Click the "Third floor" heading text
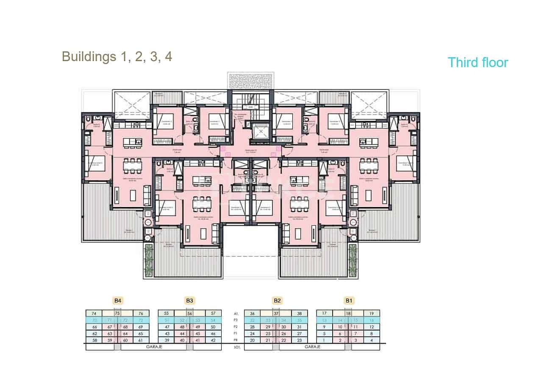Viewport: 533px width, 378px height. (x=477, y=62)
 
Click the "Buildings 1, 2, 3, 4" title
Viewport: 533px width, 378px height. (x=117, y=56)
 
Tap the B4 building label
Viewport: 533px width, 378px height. (x=118, y=301)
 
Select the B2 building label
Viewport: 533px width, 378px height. (x=277, y=301)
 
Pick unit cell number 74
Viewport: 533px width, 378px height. (x=94, y=313)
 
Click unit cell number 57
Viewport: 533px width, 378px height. (x=213, y=313)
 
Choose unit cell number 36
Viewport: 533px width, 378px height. (x=252, y=313)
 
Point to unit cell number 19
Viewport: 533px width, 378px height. (x=371, y=313)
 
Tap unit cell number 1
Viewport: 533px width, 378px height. (x=324, y=340)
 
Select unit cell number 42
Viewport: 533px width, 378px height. (x=213, y=340)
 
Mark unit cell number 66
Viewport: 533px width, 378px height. (x=94, y=327)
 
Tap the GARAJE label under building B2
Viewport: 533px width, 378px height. (x=312, y=347)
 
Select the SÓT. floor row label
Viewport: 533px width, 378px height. (x=237, y=347)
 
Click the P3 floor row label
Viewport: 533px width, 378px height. (x=237, y=320)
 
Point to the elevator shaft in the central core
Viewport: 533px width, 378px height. (x=259, y=132)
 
